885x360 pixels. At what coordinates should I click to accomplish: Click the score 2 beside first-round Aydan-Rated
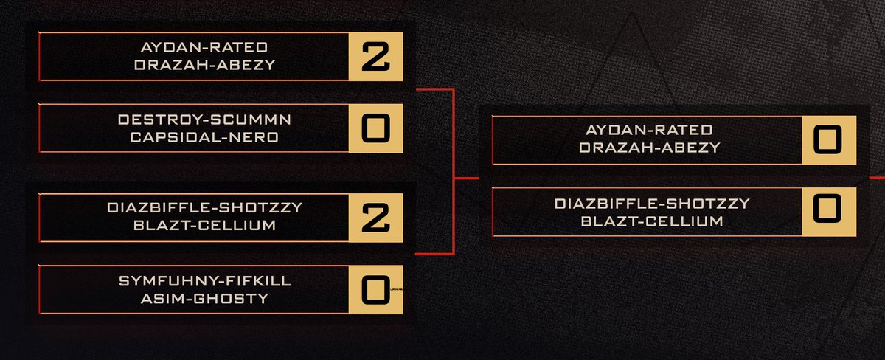(375, 57)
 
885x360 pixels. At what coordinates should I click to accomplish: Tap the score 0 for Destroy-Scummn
(375, 128)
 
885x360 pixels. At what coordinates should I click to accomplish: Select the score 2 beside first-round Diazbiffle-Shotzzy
(375, 217)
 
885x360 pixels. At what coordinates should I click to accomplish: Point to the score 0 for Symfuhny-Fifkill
(375, 289)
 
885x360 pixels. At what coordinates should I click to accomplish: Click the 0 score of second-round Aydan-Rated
(829, 139)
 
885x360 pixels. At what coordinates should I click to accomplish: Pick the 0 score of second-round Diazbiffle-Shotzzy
(829, 212)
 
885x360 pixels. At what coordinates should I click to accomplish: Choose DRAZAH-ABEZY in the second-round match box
(648, 148)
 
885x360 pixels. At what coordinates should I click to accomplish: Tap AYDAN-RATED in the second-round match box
(648, 131)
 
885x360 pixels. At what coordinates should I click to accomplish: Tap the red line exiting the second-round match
(877, 178)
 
